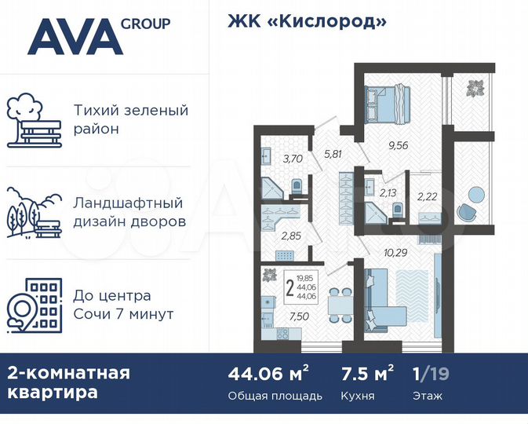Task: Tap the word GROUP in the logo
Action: pos(145,23)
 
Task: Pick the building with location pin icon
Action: pos(33,302)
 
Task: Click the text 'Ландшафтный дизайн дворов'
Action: pos(129,212)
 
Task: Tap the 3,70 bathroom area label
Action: pos(293,159)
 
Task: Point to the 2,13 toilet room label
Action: pos(389,192)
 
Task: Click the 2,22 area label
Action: pos(428,196)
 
